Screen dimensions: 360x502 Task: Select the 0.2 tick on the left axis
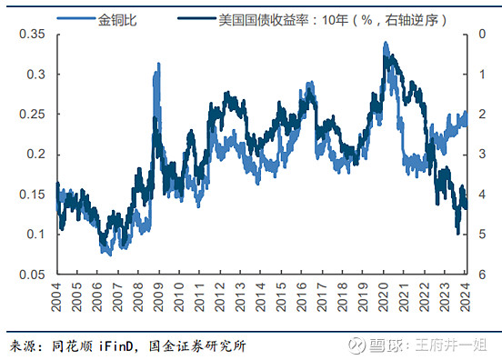pyautogui.click(x=35, y=155)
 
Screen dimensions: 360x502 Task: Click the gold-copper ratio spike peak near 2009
pyautogui.click(x=159, y=65)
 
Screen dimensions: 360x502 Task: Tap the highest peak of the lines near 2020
pyautogui.click(x=387, y=44)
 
